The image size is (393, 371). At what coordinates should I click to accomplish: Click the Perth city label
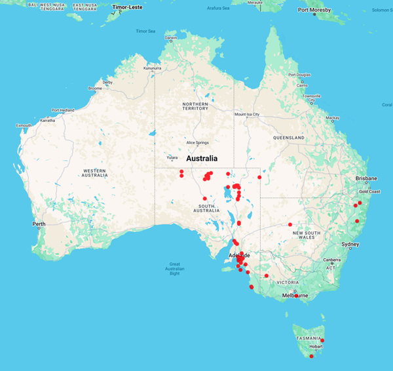click(x=39, y=224)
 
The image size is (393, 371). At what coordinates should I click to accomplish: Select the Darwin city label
click(x=171, y=38)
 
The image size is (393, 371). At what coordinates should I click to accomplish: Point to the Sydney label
click(x=350, y=244)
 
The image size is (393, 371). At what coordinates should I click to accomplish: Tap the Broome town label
click(x=94, y=88)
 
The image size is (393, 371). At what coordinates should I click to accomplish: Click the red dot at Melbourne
click(x=297, y=296)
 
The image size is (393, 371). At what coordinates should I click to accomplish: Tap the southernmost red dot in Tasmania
click(x=311, y=356)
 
